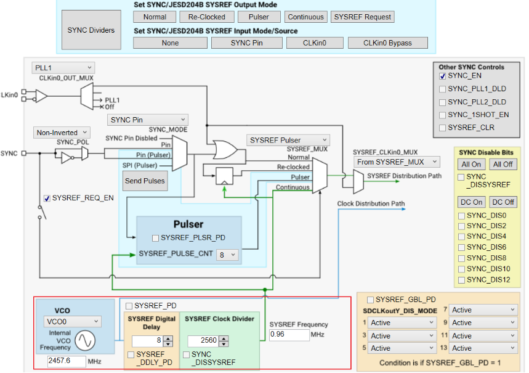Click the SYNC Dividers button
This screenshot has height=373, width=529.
point(91,30)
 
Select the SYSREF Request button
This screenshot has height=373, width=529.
point(362,17)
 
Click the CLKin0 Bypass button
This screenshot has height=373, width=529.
point(387,43)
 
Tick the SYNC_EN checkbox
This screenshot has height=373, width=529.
point(443,76)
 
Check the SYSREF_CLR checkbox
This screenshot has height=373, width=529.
point(443,128)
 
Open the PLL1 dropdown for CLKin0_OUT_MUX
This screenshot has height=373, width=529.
point(63,67)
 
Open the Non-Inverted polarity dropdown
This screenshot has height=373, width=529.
point(62,133)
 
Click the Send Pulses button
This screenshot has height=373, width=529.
point(145,181)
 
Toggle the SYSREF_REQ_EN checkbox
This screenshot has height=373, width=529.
point(47,198)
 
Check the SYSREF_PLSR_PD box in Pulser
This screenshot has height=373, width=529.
point(156,238)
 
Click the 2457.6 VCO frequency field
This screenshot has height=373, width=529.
point(67,361)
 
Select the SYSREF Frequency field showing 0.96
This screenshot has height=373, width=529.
point(289,335)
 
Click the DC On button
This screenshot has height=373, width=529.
point(471,202)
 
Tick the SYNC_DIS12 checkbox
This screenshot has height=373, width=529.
point(461,280)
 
